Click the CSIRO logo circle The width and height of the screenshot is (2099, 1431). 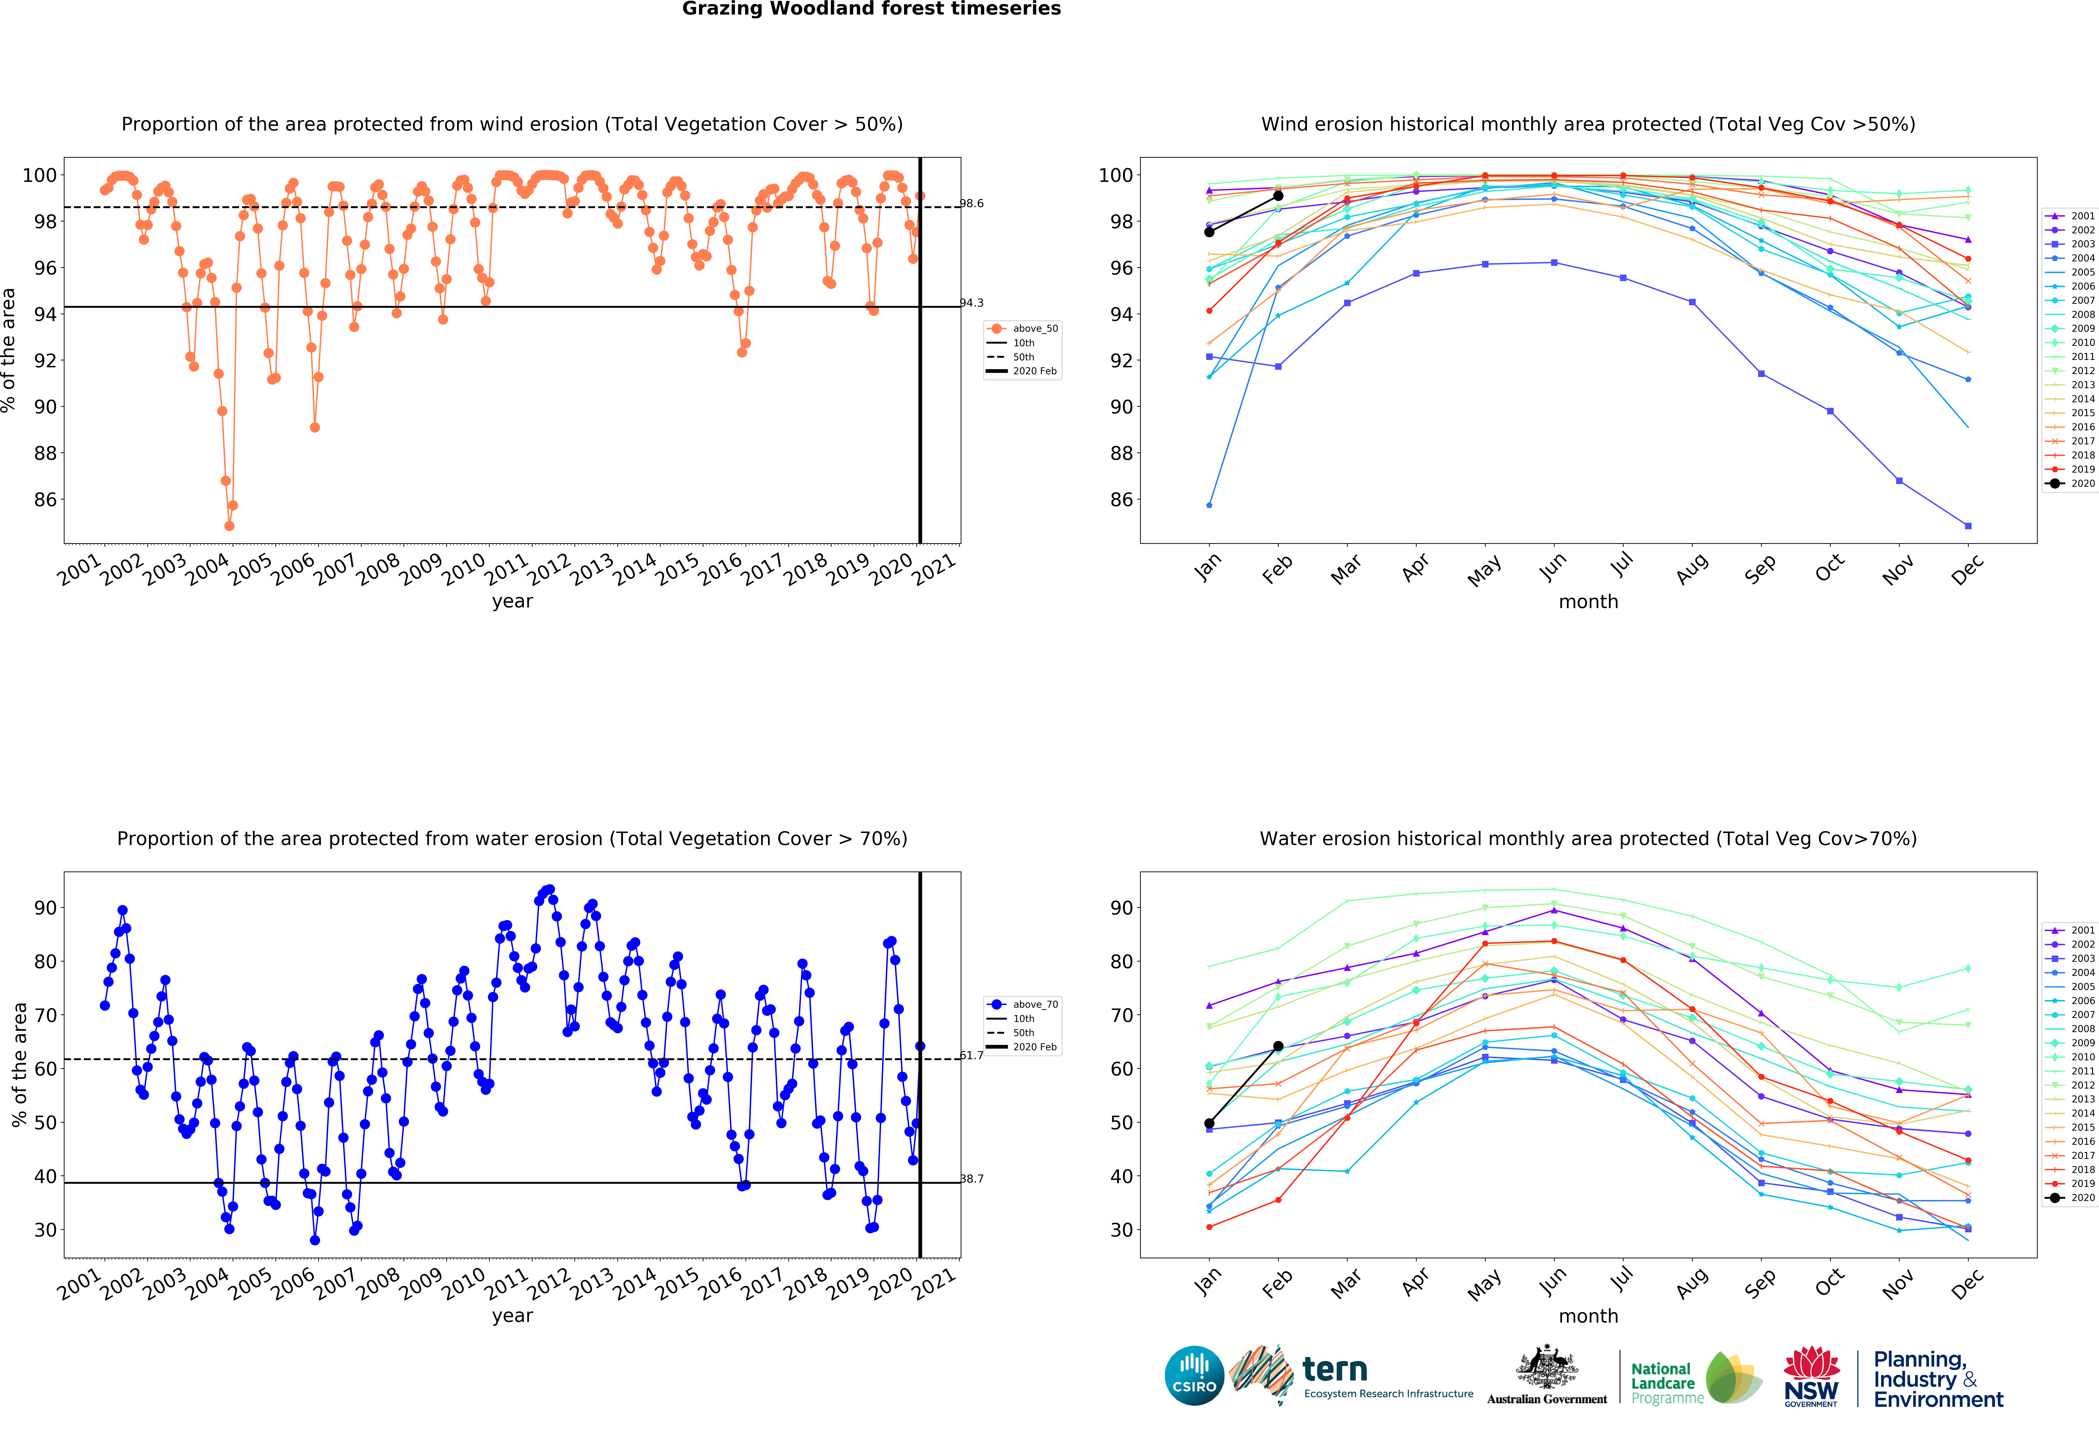(x=1194, y=1376)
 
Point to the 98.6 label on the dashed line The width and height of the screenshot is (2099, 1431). (x=972, y=203)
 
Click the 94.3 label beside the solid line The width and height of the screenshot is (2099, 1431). (x=972, y=303)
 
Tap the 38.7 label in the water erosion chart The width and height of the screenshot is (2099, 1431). (x=972, y=1179)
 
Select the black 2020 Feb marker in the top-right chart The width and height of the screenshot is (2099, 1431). (x=1278, y=196)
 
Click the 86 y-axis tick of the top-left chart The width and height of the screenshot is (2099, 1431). (x=45, y=500)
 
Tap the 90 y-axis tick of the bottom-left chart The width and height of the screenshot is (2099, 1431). (x=45, y=908)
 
